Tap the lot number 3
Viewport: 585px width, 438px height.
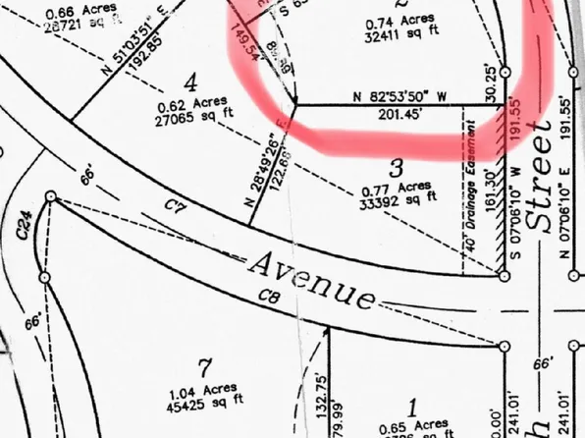click(396, 168)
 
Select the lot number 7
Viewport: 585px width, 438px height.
click(204, 368)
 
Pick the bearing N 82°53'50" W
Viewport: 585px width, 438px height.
click(399, 97)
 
